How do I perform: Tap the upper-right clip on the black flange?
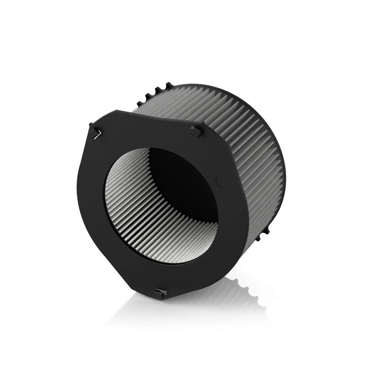pos(196,131)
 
